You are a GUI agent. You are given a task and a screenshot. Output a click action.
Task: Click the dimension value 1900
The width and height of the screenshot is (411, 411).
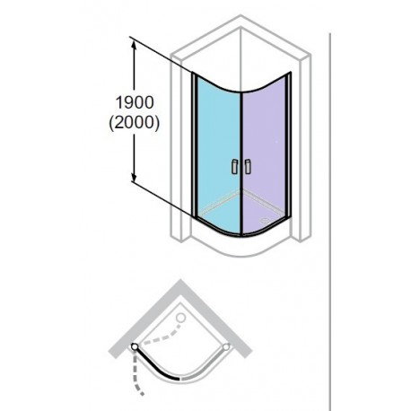pos(135,102)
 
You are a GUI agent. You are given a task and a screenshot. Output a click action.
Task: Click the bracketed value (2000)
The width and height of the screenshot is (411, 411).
pos(134,122)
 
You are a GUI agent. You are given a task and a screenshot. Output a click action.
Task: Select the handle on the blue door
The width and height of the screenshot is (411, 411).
pos(234,167)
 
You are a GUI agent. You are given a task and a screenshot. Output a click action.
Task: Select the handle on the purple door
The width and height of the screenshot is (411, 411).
pos(248,167)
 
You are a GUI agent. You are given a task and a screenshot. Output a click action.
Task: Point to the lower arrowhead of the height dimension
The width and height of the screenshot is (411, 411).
pos(134,176)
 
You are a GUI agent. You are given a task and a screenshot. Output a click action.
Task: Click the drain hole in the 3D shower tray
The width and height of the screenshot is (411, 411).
pos(265,221)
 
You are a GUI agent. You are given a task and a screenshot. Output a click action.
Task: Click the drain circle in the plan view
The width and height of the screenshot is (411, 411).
pos(180,318)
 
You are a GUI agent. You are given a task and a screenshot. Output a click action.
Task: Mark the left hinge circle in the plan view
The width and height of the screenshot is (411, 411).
pos(135,346)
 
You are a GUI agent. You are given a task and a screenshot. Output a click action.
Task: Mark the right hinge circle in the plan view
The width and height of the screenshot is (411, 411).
pos(226,346)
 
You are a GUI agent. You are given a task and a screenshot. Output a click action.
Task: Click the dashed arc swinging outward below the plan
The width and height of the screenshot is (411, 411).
pos(136,374)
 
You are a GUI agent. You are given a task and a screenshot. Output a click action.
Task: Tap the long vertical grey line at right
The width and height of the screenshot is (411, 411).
pos(330,222)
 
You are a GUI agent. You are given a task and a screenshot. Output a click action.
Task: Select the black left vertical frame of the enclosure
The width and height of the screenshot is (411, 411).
pos(194,144)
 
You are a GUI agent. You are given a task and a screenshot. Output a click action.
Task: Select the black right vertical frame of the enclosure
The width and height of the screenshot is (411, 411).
pos(289,145)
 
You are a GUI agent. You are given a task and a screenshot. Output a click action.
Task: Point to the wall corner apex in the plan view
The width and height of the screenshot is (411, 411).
pos(180,280)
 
